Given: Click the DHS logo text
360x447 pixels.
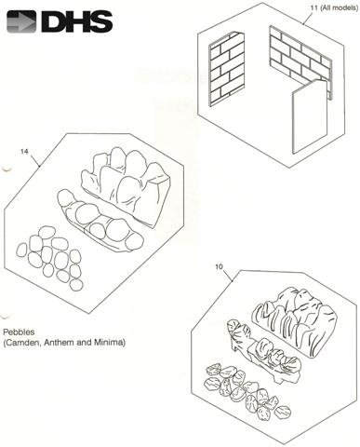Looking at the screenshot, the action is pyautogui.click(x=77, y=21).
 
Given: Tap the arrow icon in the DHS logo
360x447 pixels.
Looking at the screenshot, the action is pyautogui.click(x=21, y=21).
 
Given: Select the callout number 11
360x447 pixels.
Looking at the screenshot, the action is pyautogui.click(x=314, y=7).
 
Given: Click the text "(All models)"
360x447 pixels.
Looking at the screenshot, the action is pyautogui.click(x=340, y=7).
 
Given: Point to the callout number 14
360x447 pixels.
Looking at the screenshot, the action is pyautogui.click(x=24, y=152).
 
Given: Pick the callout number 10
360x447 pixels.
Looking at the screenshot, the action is pyautogui.click(x=219, y=266).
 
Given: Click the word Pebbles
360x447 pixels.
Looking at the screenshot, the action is pyautogui.click(x=19, y=332).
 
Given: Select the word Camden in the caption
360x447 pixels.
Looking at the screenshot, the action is pyautogui.click(x=22, y=343).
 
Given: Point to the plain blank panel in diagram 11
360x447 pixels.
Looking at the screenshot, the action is pyautogui.click(x=310, y=116).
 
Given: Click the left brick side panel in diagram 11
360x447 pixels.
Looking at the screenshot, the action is pyautogui.click(x=227, y=69).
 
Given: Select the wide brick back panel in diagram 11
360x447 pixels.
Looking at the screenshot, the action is pyautogui.click(x=300, y=62).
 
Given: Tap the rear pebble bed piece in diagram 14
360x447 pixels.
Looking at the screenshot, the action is pyautogui.click(x=127, y=186).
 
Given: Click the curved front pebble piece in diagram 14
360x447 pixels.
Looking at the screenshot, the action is pyautogui.click(x=100, y=221).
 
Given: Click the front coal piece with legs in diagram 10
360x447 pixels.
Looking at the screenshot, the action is pyautogui.click(x=264, y=351).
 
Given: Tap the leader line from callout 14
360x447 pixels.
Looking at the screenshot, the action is pyautogui.click(x=34, y=161).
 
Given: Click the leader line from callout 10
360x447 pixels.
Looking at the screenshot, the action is pyautogui.click(x=228, y=276).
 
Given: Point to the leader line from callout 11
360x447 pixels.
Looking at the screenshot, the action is pyautogui.click(x=310, y=18).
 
